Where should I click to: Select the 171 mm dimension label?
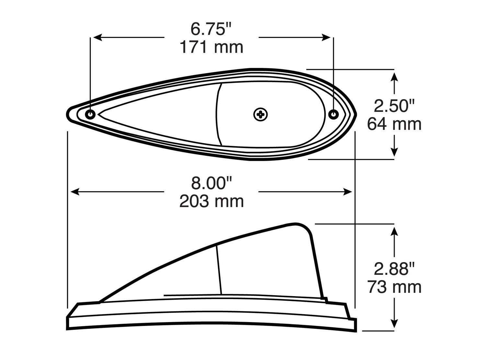coord(211,47)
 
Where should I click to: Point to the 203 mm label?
coord(211,201)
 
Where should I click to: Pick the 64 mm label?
coord(394,124)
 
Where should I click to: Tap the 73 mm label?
coord(394,287)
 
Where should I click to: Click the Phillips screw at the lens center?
coord(260,114)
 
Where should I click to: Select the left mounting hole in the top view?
coord(90,114)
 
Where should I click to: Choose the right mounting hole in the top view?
coord(333,114)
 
